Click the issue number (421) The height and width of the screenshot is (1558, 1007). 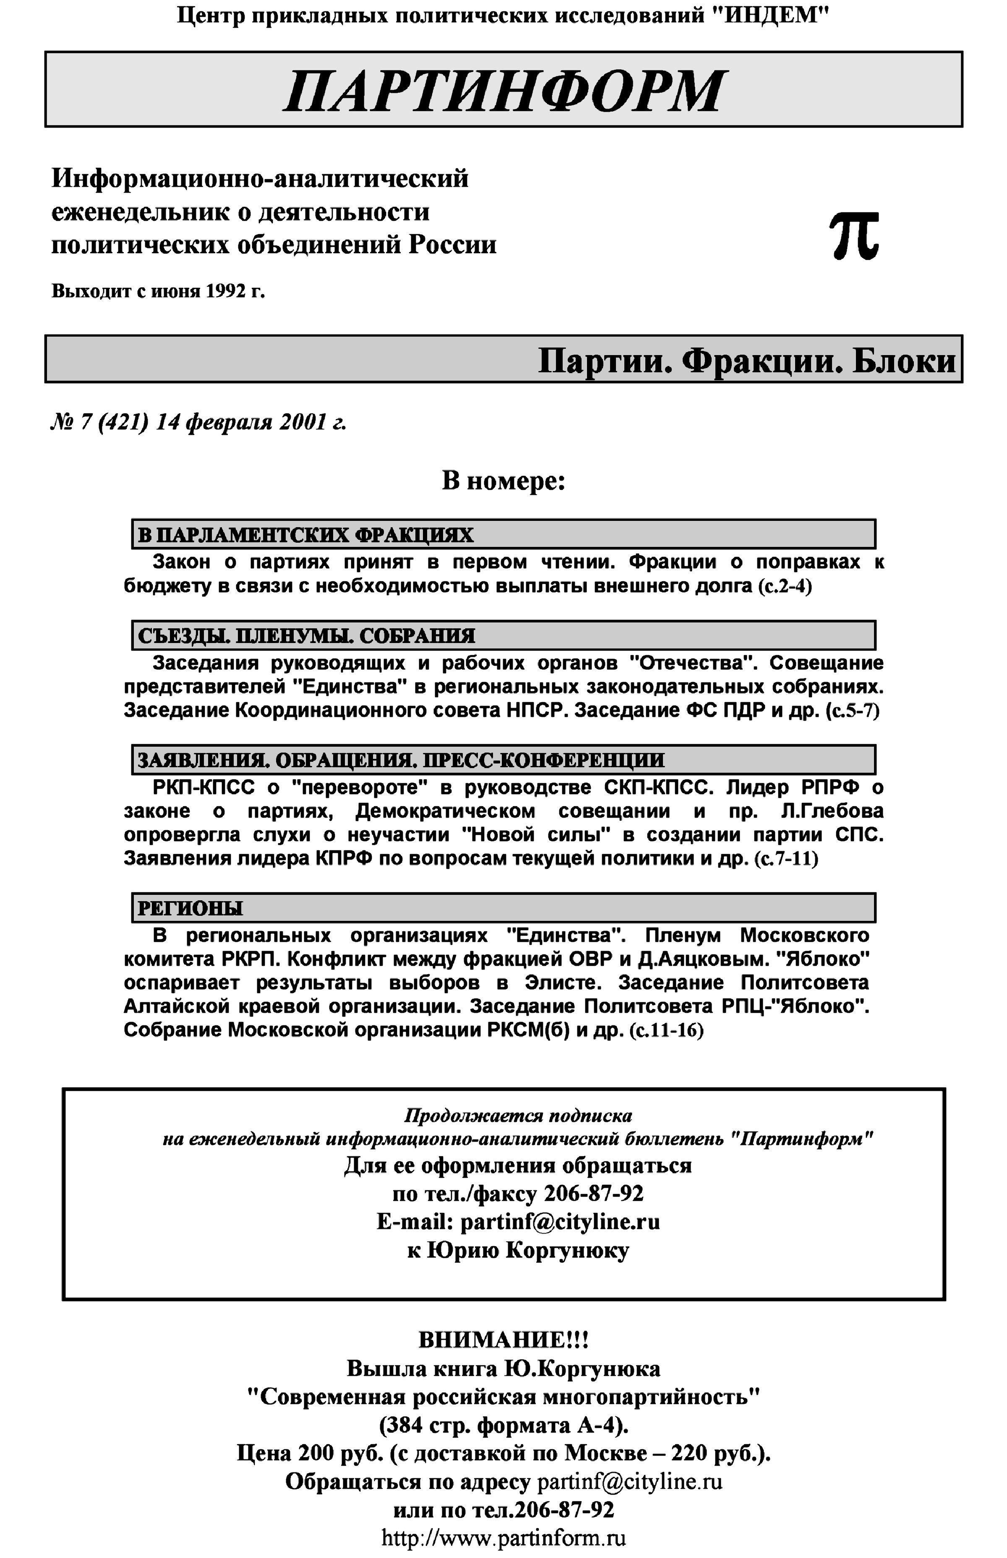click(122, 423)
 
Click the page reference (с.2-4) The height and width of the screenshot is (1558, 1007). click(785, 586)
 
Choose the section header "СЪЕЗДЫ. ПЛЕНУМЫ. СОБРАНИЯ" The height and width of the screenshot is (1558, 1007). click(307, 635)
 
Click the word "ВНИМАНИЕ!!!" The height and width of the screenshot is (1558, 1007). click(503, 1340)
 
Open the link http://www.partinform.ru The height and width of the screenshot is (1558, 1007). click(503, 1537)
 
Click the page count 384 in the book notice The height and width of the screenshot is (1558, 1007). click(406, 1425)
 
